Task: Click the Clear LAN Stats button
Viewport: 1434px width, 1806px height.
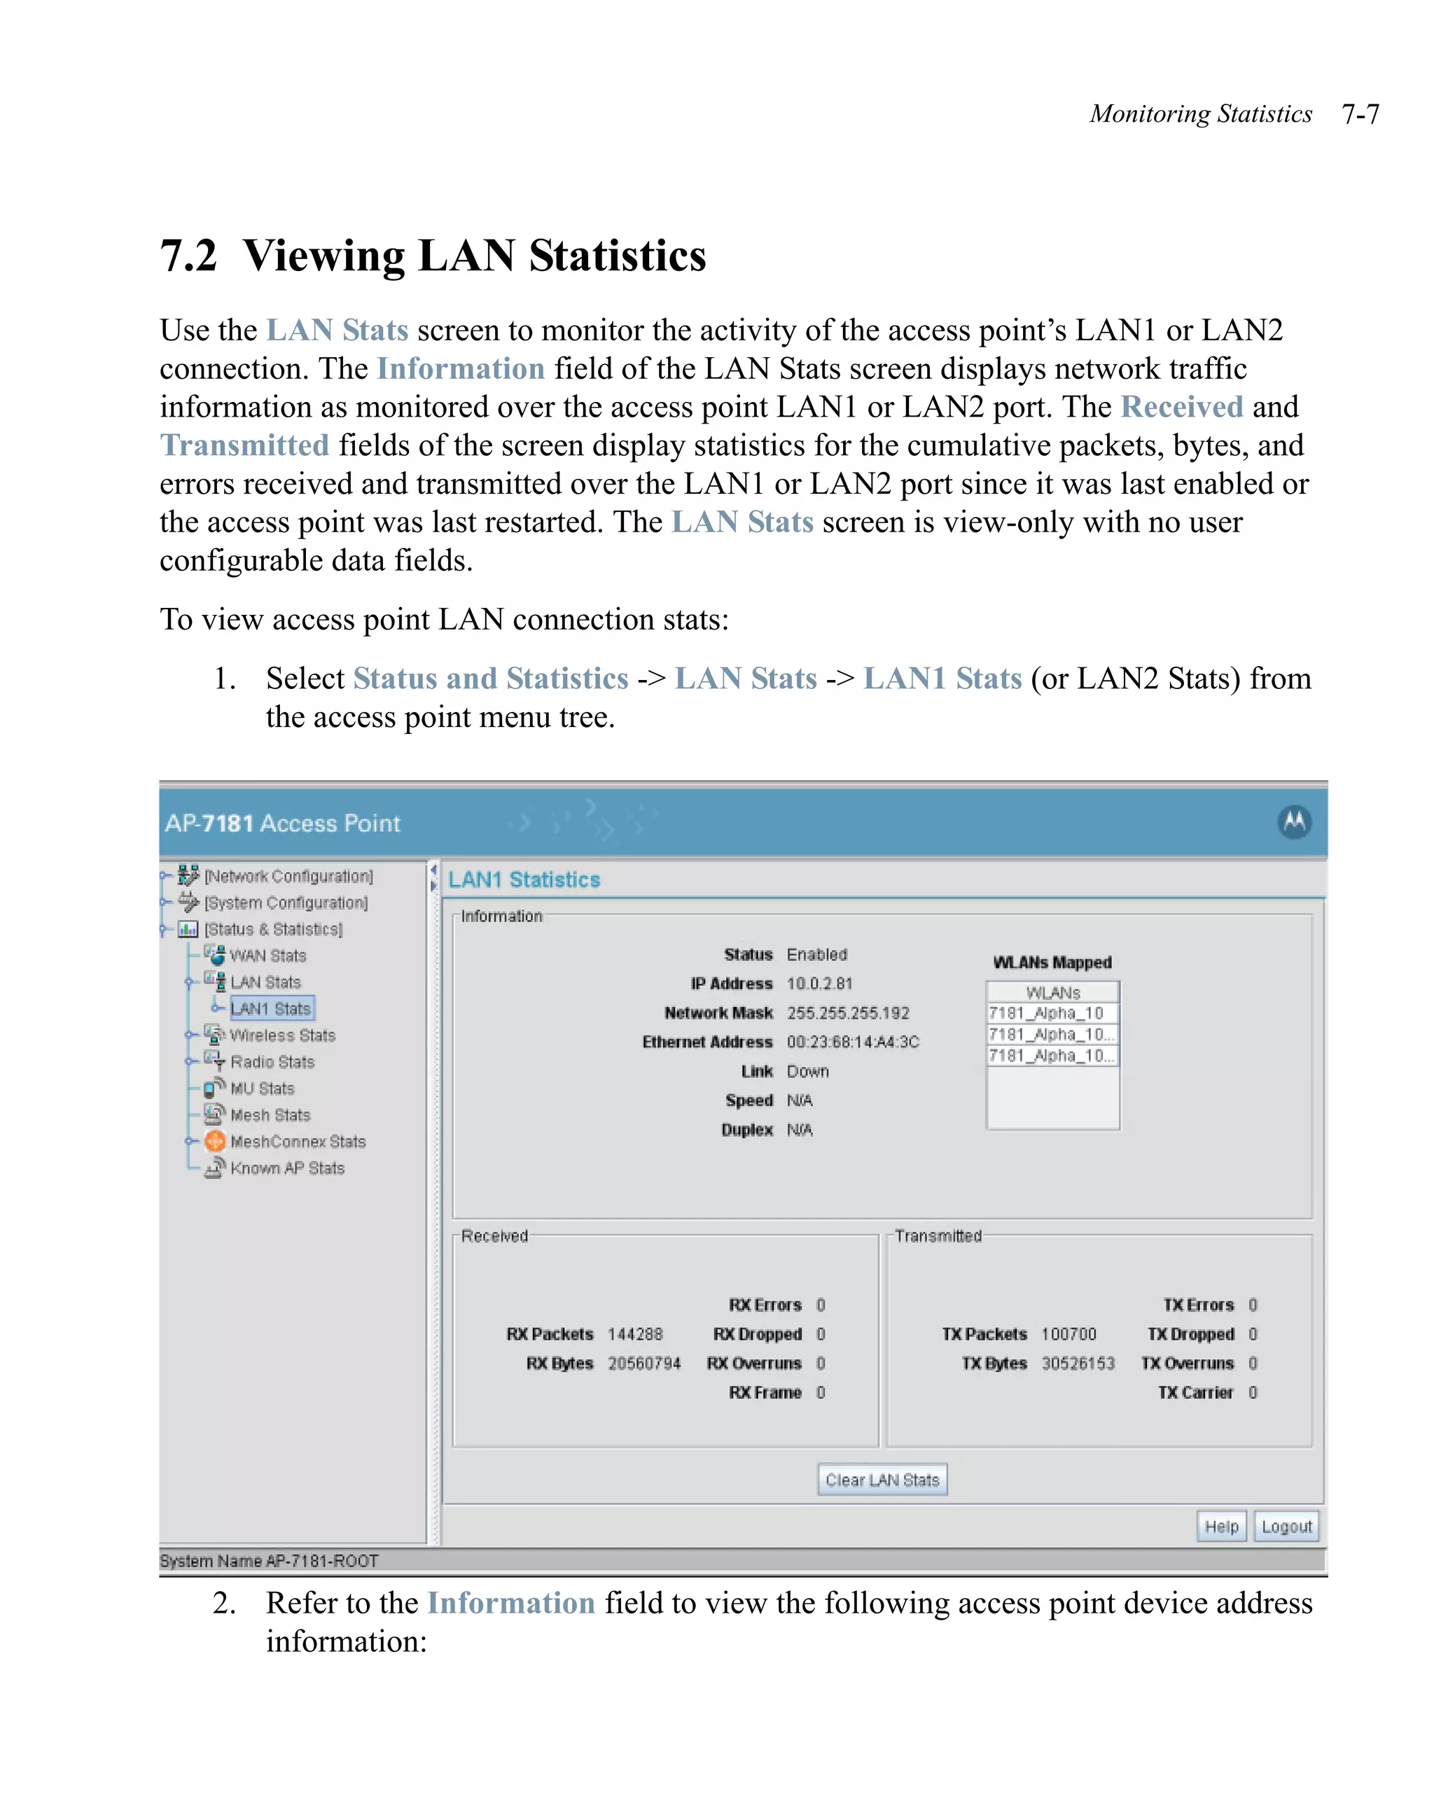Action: pos(881,1479)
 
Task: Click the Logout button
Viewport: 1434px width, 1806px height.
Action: pos(1286,1526)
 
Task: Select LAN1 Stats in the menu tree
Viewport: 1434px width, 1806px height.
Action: pos(270,1008)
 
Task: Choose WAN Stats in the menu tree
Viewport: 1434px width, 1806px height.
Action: pos(268,956)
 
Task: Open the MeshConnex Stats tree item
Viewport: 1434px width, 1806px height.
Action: pos(298,1141)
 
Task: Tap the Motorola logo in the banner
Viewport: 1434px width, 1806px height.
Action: pos(1293,821)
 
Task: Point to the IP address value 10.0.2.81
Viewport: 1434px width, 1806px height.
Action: pos(819,983)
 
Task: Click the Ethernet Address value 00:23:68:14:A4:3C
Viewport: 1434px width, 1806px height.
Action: pos(852,1042)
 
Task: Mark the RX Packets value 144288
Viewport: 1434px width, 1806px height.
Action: pos(634,1333)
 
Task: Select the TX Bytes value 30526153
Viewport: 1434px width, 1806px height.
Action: pos(1077,1363)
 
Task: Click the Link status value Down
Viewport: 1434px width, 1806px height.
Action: pos(807,1071)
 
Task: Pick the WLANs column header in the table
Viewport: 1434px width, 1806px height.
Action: pos(1052,992)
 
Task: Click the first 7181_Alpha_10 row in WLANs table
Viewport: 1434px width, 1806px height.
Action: pos(1046,1013)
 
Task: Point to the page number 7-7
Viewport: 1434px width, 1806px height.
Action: pos(1360,114)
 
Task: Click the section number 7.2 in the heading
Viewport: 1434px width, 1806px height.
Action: pos(188,256)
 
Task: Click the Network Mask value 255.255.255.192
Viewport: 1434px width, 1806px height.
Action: pos(847,1013)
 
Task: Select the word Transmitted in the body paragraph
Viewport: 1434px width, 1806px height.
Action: pos(244,445)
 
